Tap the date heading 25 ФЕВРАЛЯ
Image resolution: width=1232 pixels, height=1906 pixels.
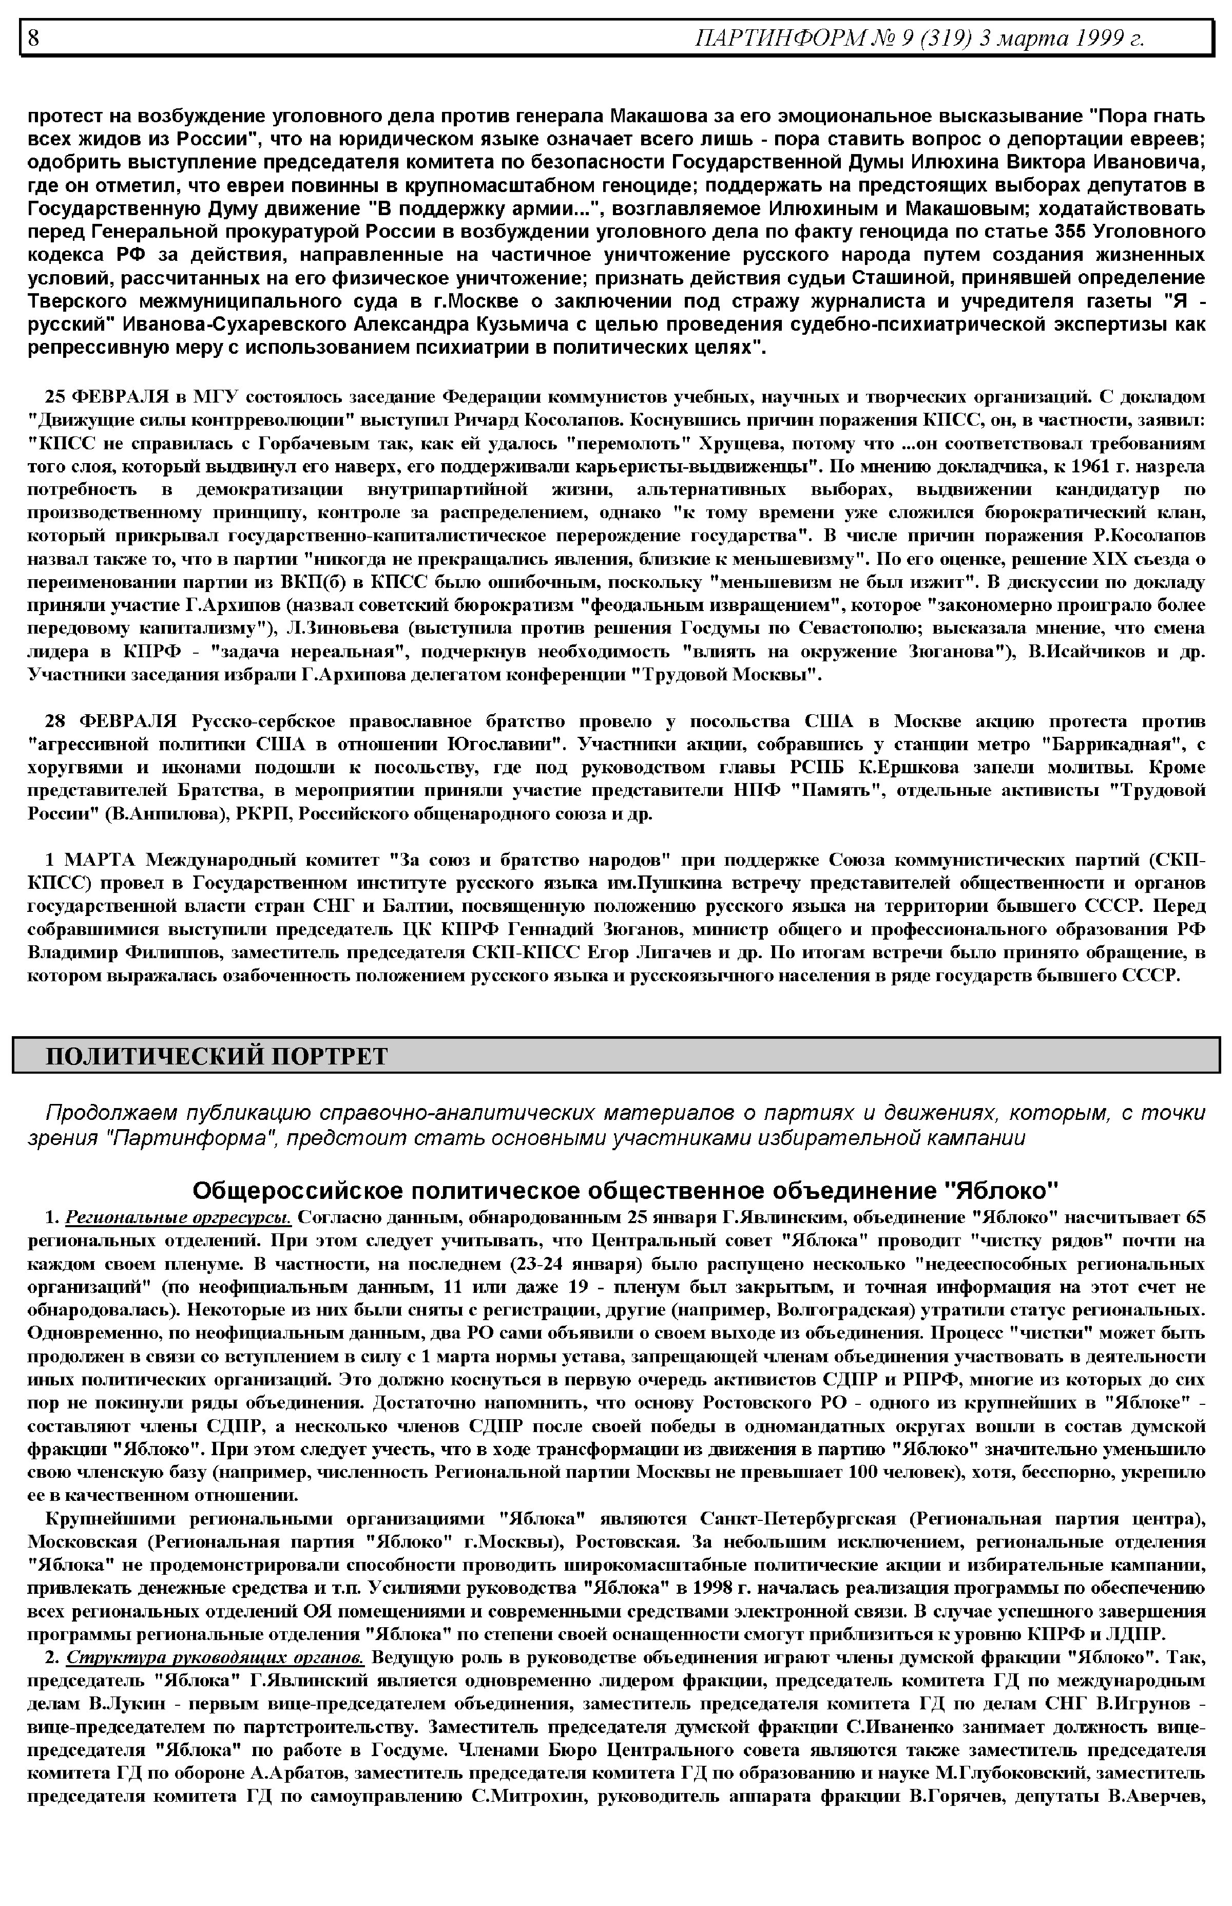[106, 397]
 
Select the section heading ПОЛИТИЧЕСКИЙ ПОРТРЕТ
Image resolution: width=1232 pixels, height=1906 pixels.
[216, 1056]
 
